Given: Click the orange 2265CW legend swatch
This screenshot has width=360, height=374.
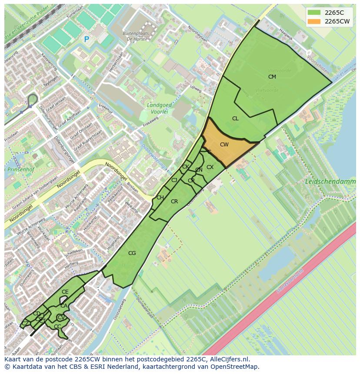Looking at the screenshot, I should point(313,21).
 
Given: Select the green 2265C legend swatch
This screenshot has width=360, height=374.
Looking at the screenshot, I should point(313,12).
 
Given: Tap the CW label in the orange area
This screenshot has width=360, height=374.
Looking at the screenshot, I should point(224,145).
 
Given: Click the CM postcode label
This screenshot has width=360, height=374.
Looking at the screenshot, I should point(272,77).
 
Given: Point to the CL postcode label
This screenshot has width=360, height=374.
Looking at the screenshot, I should point(235,119).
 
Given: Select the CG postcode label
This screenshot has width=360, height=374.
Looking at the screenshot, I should point(132,253).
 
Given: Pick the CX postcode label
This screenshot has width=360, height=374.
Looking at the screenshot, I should point(210,167).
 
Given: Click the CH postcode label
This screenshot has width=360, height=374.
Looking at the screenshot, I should point(160,198).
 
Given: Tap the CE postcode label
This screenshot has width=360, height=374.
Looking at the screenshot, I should point(65,292).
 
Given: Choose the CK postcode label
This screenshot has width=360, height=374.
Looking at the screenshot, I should point(186,167).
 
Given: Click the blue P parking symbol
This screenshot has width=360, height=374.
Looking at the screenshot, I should point(87,40).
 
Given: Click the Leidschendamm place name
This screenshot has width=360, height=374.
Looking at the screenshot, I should point(330,181).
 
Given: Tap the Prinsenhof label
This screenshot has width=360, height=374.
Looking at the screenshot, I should point(20,169).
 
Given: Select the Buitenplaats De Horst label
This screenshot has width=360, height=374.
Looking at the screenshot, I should point(136,36).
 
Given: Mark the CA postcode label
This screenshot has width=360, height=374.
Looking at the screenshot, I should point(64,306).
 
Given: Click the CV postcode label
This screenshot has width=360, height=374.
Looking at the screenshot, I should point(61,318).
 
